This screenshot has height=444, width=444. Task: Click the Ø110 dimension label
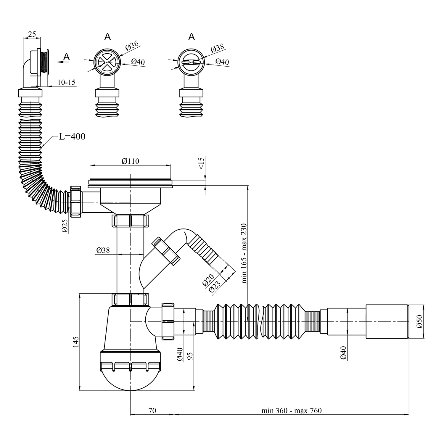(130, 161)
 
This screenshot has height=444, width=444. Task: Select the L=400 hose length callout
(72, 136)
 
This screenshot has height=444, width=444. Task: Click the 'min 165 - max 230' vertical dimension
(244, 253)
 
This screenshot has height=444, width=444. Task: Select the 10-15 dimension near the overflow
(66, 82)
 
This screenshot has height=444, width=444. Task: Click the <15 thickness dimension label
(201, 163)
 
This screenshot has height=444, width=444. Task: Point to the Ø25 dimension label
(65, 226)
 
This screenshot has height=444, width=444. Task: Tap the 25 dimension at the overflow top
(32, 34)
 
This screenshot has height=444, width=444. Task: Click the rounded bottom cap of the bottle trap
(130, 379)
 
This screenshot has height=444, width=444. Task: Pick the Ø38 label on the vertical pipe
(103, 250)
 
